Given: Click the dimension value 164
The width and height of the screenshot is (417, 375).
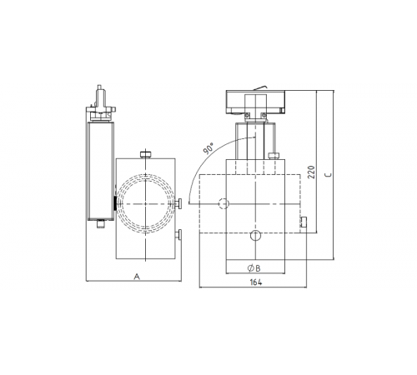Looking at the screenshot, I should (x=256, y=282).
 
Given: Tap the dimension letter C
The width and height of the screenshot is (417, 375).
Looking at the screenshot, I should (x=328, y=176).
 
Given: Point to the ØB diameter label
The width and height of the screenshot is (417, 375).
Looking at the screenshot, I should (x=255, y=268).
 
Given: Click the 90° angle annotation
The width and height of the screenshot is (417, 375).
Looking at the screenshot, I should (x=207, y=149).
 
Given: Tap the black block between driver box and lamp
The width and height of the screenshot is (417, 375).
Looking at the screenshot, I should (x=114, y=203).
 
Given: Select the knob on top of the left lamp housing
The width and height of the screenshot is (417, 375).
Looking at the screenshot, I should (x=147, y=154).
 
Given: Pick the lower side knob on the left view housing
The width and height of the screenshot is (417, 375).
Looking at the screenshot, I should (x=179, y=236).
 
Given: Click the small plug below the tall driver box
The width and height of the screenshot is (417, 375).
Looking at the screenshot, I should (x=99, y=222).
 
